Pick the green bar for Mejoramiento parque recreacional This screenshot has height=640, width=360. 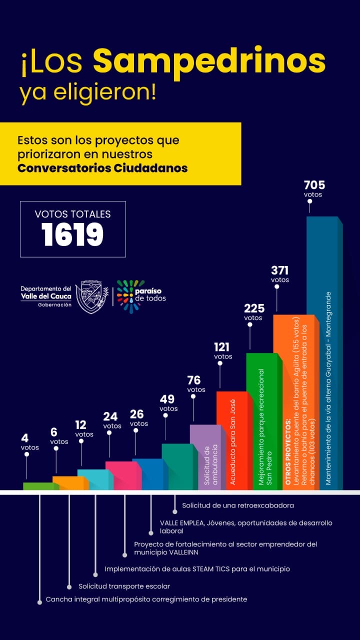[262, 420]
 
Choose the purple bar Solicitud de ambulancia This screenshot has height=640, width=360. [205, 456]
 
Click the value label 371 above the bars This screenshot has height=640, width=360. [280, 270]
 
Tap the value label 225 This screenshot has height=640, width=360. [254, 308]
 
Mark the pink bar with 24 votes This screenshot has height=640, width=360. [121, 475]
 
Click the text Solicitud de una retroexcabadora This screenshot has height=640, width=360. [237, 505]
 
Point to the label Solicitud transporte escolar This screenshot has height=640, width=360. [124, 586]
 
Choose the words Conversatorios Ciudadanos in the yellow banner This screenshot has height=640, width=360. [102, 168]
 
